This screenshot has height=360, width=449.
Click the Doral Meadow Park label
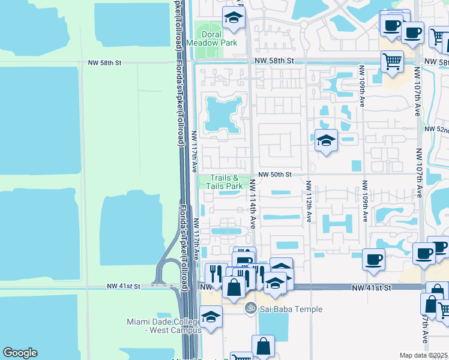[x=211, y=38]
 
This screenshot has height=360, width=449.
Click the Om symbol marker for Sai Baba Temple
[x=250, y=309]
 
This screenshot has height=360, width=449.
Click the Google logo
[x=20, y=353]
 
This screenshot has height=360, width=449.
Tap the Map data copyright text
[x=424, y=355]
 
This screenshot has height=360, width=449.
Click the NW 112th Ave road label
[x=308, y=202]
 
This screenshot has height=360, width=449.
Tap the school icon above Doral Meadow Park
[x=233, y=18]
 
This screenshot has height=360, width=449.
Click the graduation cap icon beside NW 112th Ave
[x=326, y=140]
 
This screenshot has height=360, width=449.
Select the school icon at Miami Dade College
[x=211, y=317]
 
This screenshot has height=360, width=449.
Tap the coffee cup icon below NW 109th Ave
[x=373, y=259]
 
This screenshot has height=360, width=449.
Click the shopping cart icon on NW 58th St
[x=392, y=61]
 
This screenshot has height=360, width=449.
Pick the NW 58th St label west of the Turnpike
[x=104, y=62]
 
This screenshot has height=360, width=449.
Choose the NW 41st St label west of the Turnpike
[x=124, y=287]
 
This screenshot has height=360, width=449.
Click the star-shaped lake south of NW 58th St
[x=223, y=113]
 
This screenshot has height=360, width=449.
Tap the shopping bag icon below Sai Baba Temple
[x=263, y=346]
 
